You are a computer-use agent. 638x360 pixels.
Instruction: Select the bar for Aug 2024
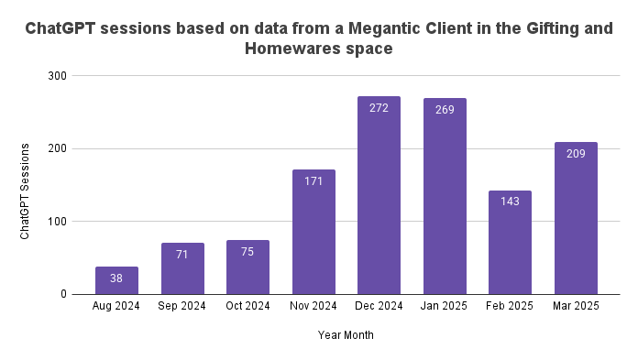(x=116, y=280)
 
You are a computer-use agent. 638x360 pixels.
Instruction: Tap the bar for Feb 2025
(x=510, y=242)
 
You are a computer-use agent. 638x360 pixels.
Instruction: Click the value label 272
(x=379, y=108)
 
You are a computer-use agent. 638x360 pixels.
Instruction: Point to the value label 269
(x=445, y=110)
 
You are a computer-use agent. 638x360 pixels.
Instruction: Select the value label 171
(x=313, y=181)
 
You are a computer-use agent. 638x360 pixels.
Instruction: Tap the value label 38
(x=116, y=278)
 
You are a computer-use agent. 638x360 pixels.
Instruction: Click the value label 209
(x=576, y=154)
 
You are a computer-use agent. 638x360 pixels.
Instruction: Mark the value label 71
(x=182, y=255)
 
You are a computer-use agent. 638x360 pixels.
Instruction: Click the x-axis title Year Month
(x=346, y=335)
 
